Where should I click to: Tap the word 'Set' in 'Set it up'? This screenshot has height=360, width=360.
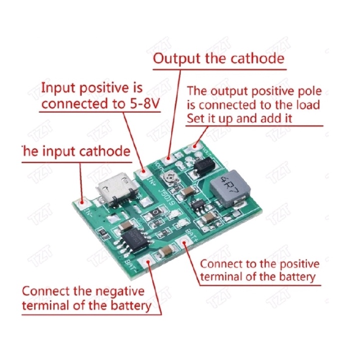(196, 119)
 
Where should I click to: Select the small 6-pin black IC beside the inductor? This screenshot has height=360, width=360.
(198, 205)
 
